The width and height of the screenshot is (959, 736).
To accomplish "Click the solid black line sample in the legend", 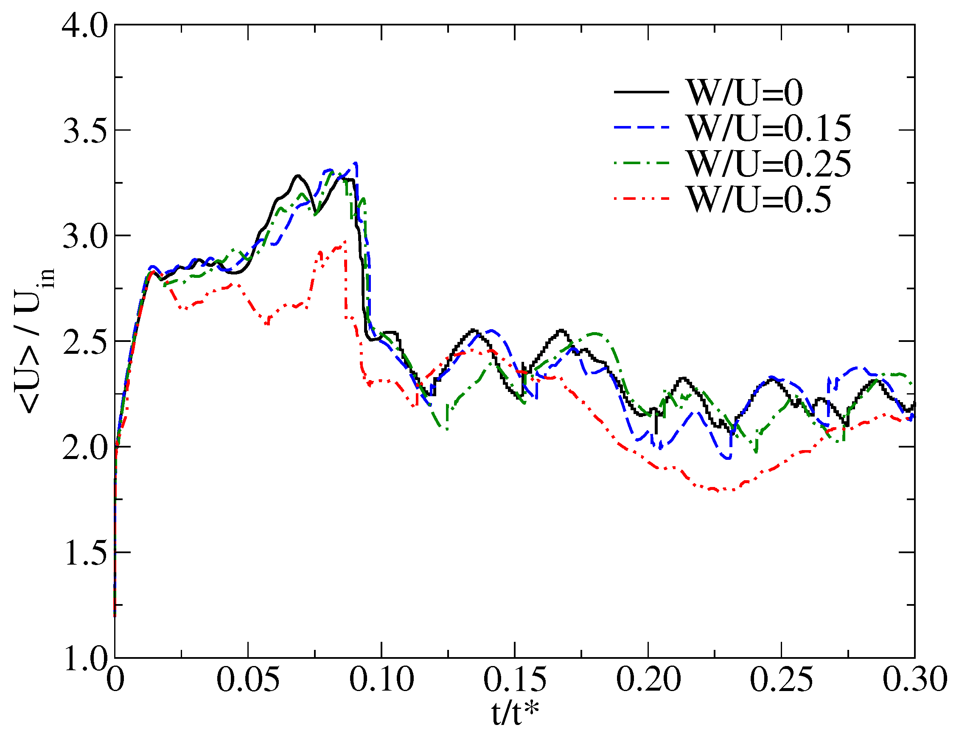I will click(642, 92).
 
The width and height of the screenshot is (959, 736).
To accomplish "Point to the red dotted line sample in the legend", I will click(642, 199).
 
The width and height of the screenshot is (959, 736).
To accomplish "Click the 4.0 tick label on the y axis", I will click(84, 25).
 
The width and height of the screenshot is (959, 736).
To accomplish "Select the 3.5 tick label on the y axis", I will click(84, 131).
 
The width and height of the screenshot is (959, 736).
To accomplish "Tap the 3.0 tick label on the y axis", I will click(84, 236).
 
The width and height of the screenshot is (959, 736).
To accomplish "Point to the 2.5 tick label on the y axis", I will click(84, 342).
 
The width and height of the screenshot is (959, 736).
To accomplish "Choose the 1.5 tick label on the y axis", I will click(84, 553).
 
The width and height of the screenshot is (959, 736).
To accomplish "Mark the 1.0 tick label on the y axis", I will click(84, 658).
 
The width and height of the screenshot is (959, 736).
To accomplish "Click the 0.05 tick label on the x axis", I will click(248, 680).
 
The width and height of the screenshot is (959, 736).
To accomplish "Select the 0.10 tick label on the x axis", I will click(381, 680).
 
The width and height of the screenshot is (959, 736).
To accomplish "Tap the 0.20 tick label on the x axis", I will click(648, 680).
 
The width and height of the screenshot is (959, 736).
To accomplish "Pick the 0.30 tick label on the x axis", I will click(915, 680).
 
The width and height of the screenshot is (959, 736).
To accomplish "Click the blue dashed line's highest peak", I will click(356, 163).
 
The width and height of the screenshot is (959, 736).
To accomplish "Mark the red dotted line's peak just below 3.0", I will click(345, 241).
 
